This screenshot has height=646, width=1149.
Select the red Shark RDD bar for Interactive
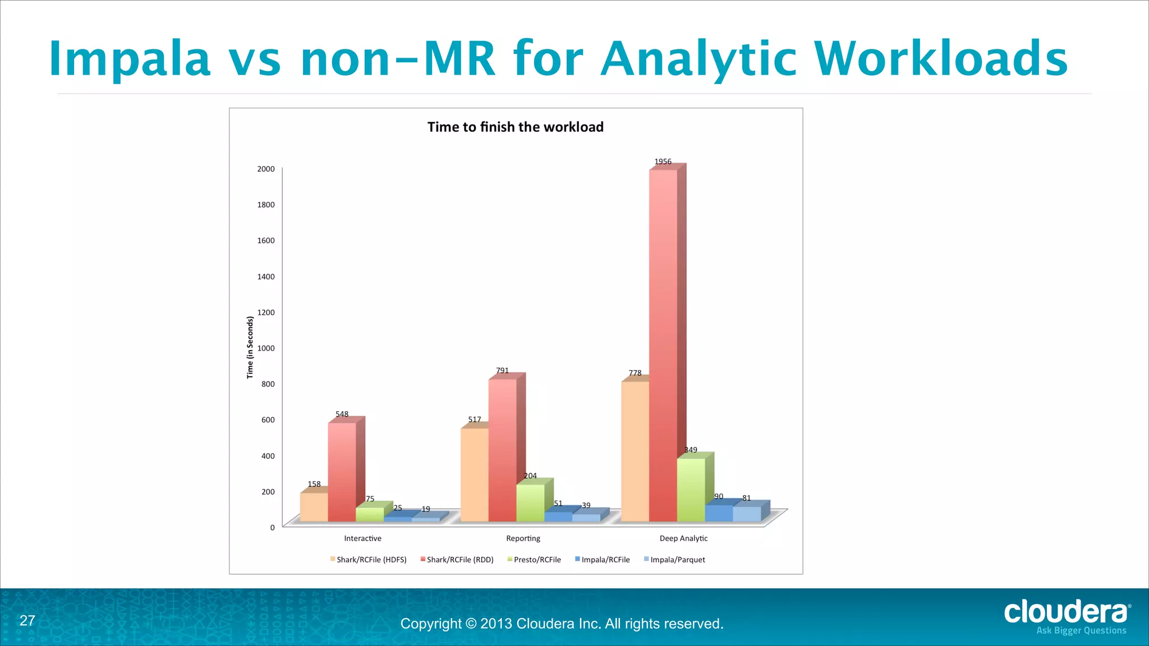(x=342, y=472)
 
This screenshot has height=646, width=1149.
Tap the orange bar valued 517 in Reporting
(x=474, y=474)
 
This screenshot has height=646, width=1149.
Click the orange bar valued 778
(x=635, y=451)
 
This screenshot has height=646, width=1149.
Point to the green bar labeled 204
(x=530, y=502)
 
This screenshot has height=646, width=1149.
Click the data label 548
(x=342, y=414)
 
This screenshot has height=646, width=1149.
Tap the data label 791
(x=502, y=371)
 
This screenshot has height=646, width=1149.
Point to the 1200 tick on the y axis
(x=266, y=312)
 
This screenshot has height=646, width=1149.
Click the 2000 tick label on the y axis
(x=266, y=169)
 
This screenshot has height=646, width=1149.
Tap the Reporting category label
(x=523, y=538)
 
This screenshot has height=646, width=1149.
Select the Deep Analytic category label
(x=683, y=538)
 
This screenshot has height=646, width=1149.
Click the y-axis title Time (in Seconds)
(x=250, y=347)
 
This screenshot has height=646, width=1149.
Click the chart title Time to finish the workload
(x=515, y=127)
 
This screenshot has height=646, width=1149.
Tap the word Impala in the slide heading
(x=130, y=59)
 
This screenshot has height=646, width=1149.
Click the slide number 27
(x=27, y=620)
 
